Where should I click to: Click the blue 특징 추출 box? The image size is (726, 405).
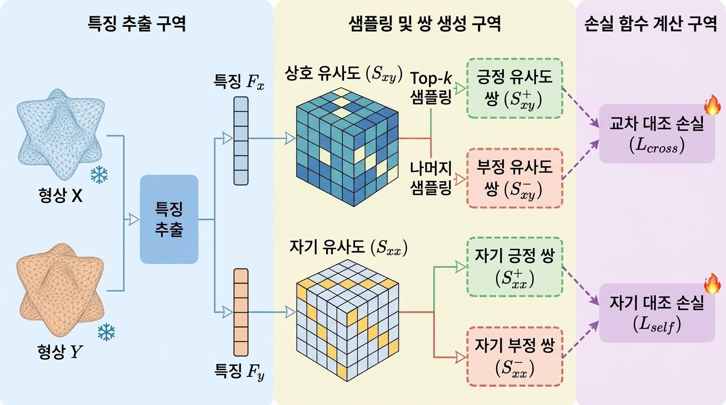click(169, 219)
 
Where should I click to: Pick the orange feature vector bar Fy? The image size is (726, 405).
click(241, 312)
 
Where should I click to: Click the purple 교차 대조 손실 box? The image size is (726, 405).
click(657, 133)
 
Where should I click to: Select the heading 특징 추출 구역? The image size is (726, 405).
click(137, 24)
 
